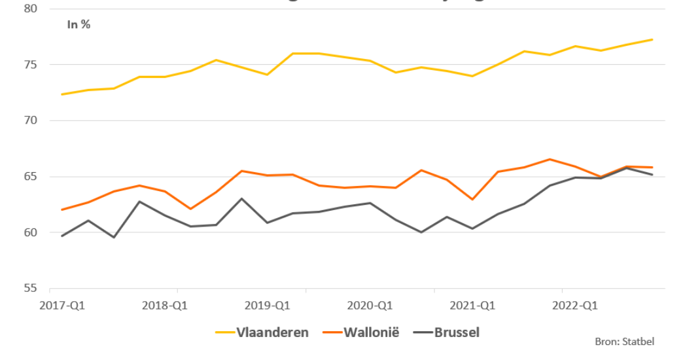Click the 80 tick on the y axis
point(31,9)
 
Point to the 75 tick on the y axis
point(31,65)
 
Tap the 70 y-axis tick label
point(31,120)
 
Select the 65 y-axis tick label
point(31,177)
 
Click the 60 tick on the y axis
point(31,232)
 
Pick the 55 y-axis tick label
point(31,289)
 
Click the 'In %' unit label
point(79,25)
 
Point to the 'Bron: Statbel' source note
point(625,341)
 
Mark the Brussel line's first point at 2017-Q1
point(62,236)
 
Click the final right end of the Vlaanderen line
point(652,40)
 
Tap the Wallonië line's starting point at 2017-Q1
point(62,209)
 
